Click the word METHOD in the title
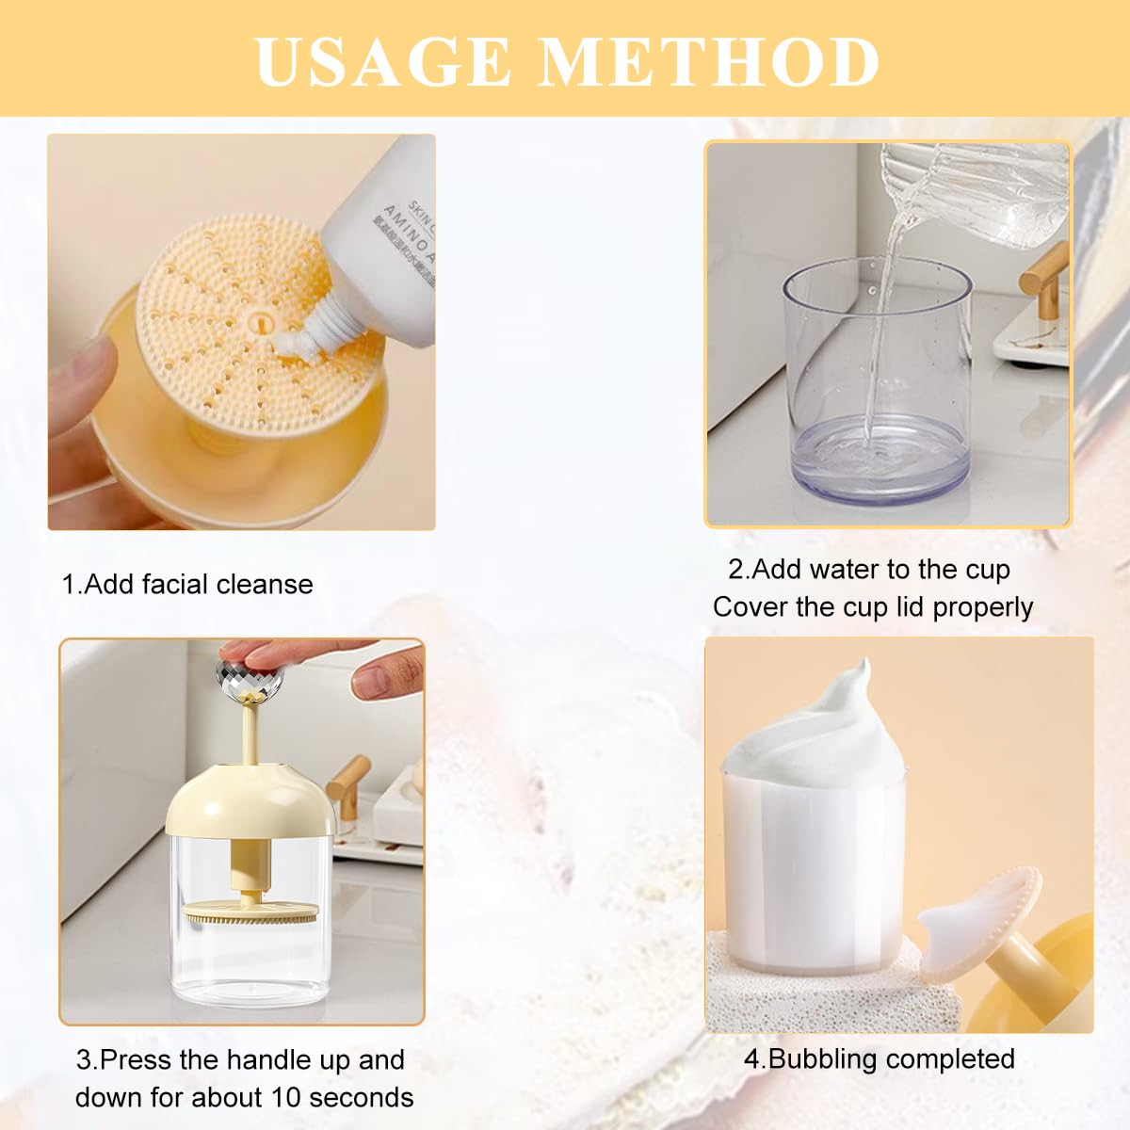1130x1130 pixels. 710,62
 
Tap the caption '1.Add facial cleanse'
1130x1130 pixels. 187,584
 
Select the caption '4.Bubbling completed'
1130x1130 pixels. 880,1058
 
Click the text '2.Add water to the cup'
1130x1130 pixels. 868,569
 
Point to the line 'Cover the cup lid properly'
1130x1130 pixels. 873,607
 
